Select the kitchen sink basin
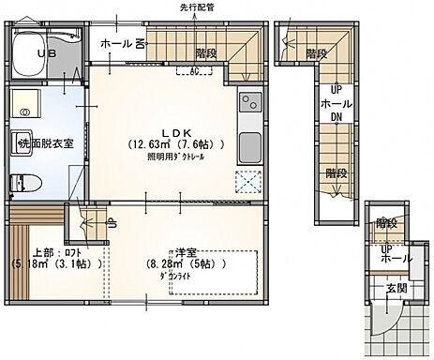(x=249, y=147)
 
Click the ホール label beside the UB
(x=115, y=42)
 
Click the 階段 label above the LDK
(x=209, y=54)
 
